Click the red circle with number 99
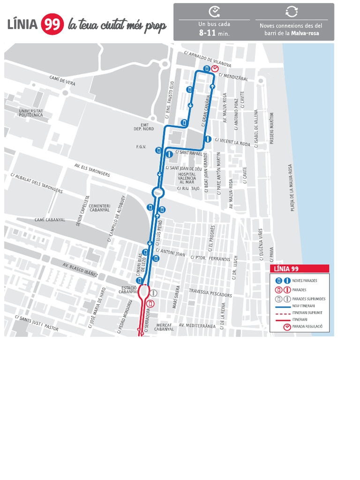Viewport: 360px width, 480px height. pyautogui.click(x=52, y=24)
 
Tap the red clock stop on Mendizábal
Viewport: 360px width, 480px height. pyautogui.click(x=214, y=69)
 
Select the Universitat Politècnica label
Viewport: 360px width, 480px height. pyautogui.click(x=31, y=113)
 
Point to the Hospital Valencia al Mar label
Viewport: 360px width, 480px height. pyautogui.click(x=187, y=178)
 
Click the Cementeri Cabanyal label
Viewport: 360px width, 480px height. pyautogui.click(x=99, y=208)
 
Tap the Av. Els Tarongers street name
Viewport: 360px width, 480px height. pyautogui.click(x=92, y=170)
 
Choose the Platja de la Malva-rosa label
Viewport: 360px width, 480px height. pyautogui.click(x=292, y=187)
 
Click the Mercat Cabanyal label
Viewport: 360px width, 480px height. pyautogui.click(x=164, y=327)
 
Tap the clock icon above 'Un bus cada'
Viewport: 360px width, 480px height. pyautogui.click(x=214, y=12)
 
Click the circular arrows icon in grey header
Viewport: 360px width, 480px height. pyautogui.click(x=292, y=12)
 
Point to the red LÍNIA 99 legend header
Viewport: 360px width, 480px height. pyautogui.click(x=300, y=269)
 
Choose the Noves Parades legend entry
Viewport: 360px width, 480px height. pyautogui.click(x=304, y=280)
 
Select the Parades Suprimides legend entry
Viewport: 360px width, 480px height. pyautogui.click(x=308, y=299)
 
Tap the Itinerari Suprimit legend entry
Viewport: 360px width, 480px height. pyautogui.click(x=307, y=312)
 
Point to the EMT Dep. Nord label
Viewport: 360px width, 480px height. pyautogui.click(x=143, y=127)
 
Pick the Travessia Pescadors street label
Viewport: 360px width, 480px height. pyautogui.click(x=210, y=293)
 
